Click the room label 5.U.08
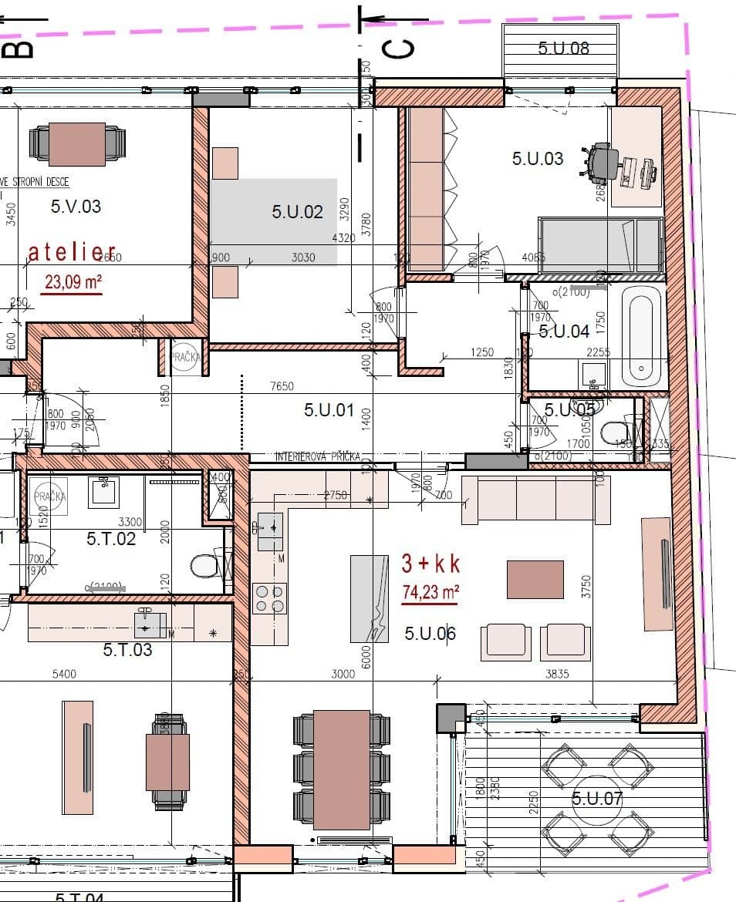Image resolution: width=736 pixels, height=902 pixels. (x=563, y=48)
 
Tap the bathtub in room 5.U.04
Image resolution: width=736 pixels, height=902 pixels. (x=643, y=337)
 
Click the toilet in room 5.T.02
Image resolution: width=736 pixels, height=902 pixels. (x=204, y=567)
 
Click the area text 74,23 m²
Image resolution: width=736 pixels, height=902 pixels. (x=430, y=592)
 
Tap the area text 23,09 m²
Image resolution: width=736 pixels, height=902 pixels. (x=73, y=281)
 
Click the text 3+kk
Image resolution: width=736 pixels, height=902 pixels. (x=430, y=564)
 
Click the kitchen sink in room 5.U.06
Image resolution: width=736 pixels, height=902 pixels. (x=270, y=528)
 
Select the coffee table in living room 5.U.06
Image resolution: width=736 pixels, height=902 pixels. (x=535, y=580)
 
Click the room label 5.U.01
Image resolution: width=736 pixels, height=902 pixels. (x=329, y=410)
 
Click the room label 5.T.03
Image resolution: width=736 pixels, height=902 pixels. (x=127, y=650)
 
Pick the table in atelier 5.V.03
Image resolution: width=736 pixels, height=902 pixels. (x=76, y=144)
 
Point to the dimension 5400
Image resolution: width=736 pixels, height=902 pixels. (x=64, y=674)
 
